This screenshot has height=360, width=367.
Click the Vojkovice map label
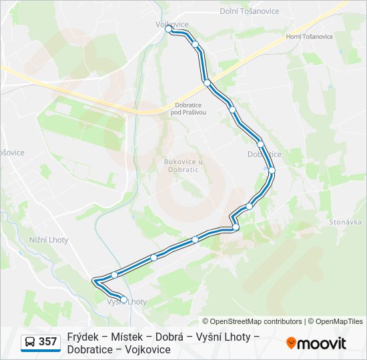pos(171,24)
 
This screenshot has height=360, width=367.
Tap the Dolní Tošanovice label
pos(247,11)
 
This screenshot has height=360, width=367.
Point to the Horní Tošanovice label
pos(308,37)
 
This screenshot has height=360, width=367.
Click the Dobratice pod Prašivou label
pos(189,109)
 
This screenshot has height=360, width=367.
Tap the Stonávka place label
pos(345,222)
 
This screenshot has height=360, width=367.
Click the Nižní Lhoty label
pos(49,240)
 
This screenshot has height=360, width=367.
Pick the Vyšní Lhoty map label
pos(127,302)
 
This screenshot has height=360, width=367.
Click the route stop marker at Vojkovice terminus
pos(168,29)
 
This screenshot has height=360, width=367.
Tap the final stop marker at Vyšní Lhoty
pos(123,299)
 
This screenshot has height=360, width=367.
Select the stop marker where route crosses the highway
pos(208,83)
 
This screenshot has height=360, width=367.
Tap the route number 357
pos(47,342)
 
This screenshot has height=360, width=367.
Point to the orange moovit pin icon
pos(291,343)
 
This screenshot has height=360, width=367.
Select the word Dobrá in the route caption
pos(169,337)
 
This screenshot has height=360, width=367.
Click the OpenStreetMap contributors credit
pos(252,321)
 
